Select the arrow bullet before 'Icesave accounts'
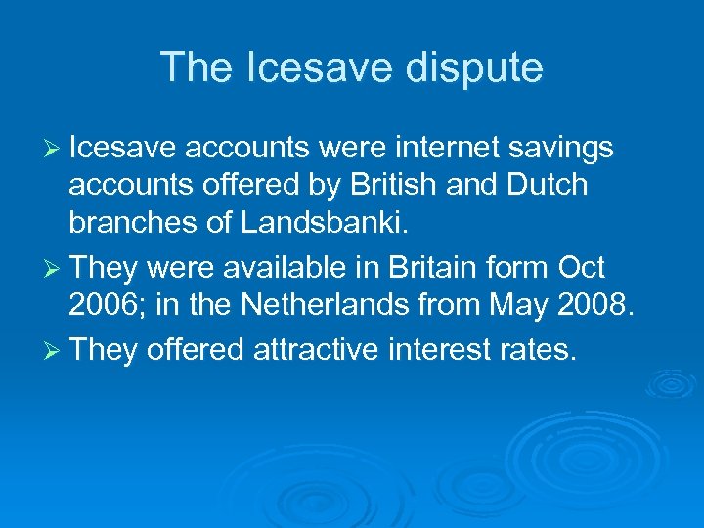(53, 149)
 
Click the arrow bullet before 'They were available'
(53, 268)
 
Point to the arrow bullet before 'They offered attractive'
(53, 350)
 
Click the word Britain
(427, 268)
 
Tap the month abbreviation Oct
(582, 268)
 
